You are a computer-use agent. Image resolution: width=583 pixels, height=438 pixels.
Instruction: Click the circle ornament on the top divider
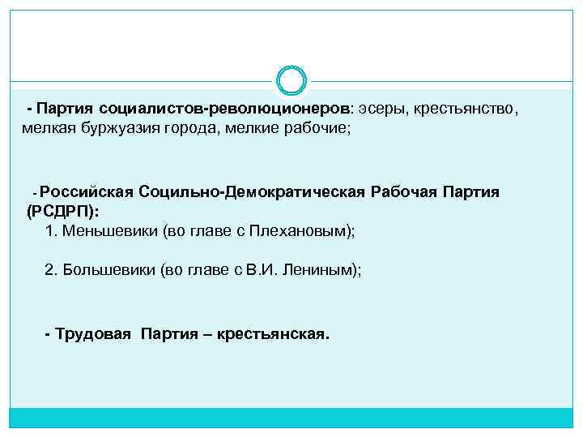click(x=291, y=81)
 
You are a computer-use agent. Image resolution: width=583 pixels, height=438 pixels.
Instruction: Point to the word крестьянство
click(x=464, y=108)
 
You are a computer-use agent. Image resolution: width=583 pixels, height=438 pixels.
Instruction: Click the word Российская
click(x=86, y=192)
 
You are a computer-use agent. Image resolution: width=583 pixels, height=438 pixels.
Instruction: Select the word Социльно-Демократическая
click(x=252, y=192)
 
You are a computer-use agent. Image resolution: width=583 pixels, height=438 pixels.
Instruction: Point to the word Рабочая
click(x=406, y=192)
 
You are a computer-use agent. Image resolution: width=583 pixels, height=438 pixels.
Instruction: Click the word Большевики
click(x=110, y=270)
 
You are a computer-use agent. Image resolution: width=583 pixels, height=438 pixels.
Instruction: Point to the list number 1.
click(x=50, y=231)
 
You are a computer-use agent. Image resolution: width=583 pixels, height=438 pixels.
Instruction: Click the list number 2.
click(x=50, y=270)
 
